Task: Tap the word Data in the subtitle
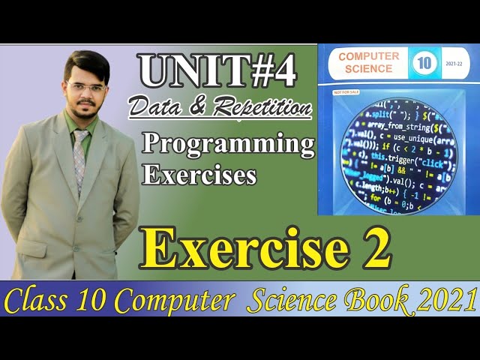tap(152, 108)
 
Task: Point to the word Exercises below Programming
tap(199, 175)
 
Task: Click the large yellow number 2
tap(374, 250)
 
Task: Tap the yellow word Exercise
tap(248, 250)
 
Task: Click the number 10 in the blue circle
tap(421, 64)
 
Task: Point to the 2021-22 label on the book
tap(454, 64)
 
